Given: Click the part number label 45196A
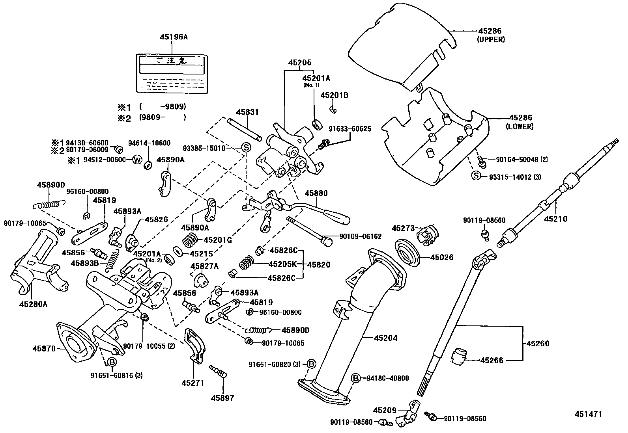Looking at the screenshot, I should click(174, 37).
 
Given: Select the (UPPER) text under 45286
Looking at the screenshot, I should click(491, 39).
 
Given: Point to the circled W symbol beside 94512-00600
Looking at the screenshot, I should click(137, 160).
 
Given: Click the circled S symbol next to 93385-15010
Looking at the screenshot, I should click(245, 148).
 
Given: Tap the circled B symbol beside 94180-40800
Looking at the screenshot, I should click(355, 378).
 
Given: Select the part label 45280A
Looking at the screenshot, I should click(33, 303).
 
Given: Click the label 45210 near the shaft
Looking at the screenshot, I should click(555, 219).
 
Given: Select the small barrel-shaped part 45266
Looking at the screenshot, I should click(459, 356).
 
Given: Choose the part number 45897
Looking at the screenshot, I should click(222, 398).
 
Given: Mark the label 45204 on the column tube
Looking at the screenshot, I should click(385, 338).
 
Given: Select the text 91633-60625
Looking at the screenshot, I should click(350, 129).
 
